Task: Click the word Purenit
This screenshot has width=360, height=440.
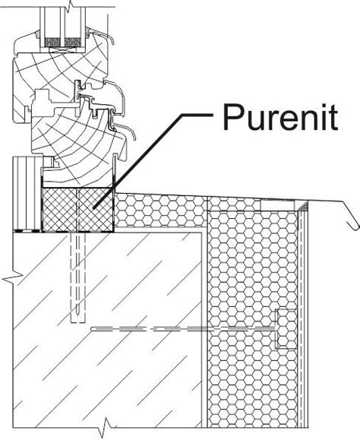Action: pos(280,117)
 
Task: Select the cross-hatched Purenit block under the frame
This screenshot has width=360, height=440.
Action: pos(77,210)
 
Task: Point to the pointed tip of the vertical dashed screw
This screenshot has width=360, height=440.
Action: pos(78,314)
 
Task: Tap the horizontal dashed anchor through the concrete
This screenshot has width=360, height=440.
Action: pos(184,328)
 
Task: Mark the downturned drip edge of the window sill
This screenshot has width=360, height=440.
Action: pos(350,214)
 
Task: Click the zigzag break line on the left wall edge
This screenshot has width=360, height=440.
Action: pos(13,278)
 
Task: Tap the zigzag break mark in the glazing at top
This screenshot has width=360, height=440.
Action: pos(70,6)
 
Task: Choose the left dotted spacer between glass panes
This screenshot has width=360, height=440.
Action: pos(52,43)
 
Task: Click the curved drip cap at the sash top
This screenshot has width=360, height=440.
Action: pos(100,34)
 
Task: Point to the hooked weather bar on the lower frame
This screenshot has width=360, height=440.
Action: pos(126,130)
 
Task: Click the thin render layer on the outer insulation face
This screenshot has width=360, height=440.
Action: pos(303,323)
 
